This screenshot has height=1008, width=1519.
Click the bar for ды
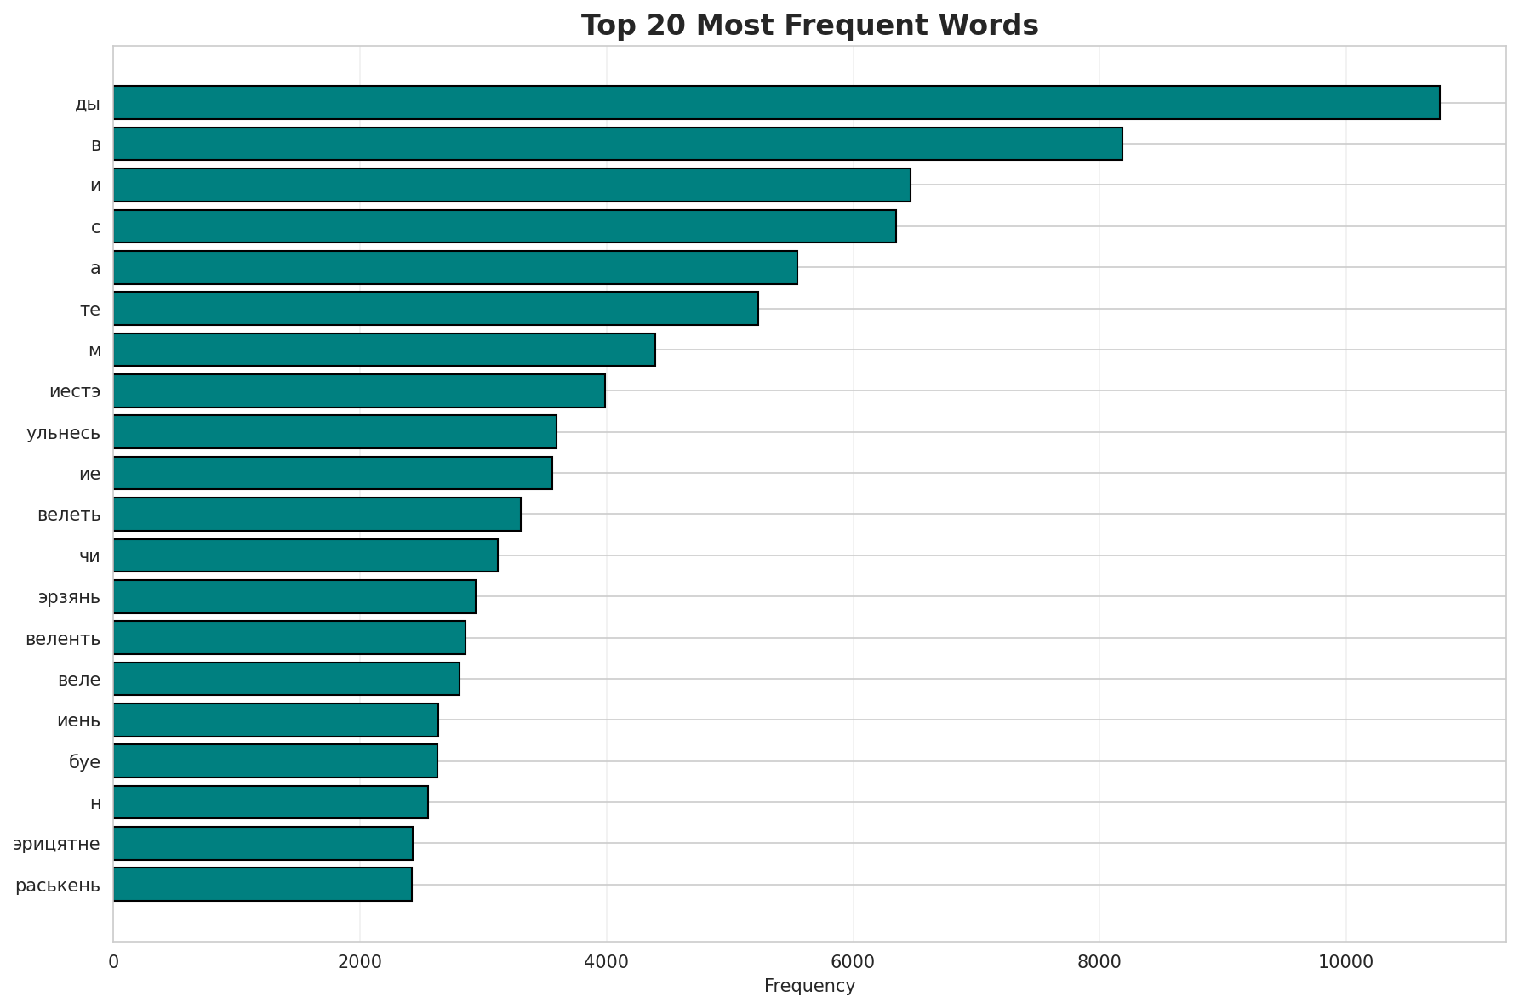tap(776, 102)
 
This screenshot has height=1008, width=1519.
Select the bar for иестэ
tap(359, 390)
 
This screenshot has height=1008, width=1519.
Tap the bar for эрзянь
tap(294, 596)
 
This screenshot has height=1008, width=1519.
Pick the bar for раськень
tap(262, 884)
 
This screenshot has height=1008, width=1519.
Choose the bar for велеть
tap(317, 514)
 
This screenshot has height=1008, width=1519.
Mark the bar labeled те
tap(436, 308)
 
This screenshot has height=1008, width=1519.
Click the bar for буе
tap(275, 760)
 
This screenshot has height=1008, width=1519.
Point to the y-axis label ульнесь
tap(64, 433)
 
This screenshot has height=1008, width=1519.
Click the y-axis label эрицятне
tap(56, 844)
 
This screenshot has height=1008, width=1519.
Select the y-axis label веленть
tap(63, 638)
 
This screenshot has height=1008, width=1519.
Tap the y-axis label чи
tap(89, 556)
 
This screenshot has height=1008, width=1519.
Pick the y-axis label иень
tap(78, 720)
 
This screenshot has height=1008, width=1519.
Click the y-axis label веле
tap(79, 680)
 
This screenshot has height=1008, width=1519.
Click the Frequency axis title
tap(809, 986)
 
